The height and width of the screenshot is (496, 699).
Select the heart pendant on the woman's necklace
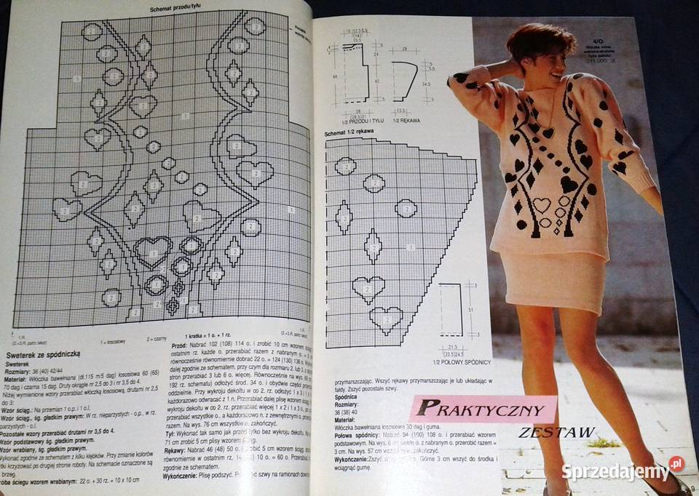548,133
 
